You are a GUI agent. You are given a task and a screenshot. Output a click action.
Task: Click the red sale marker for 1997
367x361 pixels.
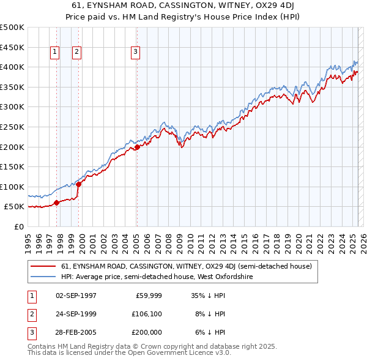coord(56,203)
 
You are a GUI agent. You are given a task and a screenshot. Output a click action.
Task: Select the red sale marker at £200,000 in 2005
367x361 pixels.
coord(137,147)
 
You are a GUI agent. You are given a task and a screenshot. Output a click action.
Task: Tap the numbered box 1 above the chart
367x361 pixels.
coord(55,53)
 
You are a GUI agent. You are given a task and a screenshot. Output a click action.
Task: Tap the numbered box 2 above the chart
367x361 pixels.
coord(77,53)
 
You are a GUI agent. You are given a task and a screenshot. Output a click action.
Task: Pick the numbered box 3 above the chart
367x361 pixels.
coord(135,53)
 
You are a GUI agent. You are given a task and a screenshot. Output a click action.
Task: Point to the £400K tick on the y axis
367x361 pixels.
coord(12,67)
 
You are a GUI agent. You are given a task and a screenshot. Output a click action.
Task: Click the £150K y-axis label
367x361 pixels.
coord(12,166)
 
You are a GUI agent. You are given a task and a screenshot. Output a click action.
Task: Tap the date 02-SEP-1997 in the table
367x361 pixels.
coord(76,295)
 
